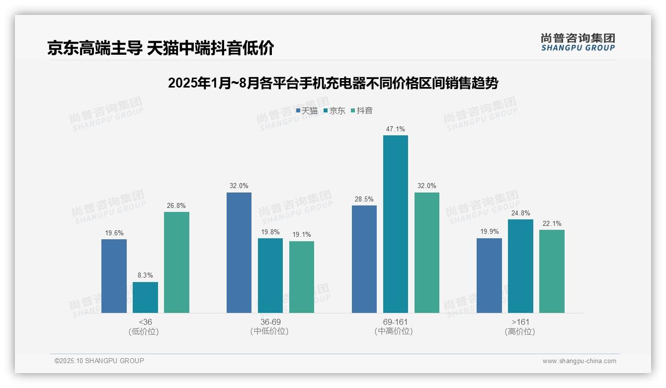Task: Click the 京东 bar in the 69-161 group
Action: click(x=395, y=224)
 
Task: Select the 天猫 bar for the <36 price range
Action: click(x=114, y=276)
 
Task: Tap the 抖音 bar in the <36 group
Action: click(x=176, y=262)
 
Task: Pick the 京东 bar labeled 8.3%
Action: click(x=145, y=297)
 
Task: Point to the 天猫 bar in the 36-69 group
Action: click(x=239, y=253)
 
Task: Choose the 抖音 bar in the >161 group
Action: click(x=552, y=271)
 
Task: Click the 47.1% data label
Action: click(x=395, y=129)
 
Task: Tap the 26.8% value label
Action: click(x=176, y=206)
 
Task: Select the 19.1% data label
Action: click(x=302, y=235)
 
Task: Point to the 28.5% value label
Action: click(x=364, y=199)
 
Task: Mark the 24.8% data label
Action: click(x=520, y=213)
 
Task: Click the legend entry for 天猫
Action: click(x=307, y=111)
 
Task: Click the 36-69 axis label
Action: click(x=270, y=322)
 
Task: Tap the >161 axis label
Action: click(x=520, y=322)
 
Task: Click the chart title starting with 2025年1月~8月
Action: click(x=333, y=83)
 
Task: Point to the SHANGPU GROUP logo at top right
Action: click(x=578, y=42)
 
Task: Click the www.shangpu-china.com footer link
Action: click(x=579, y=361)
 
